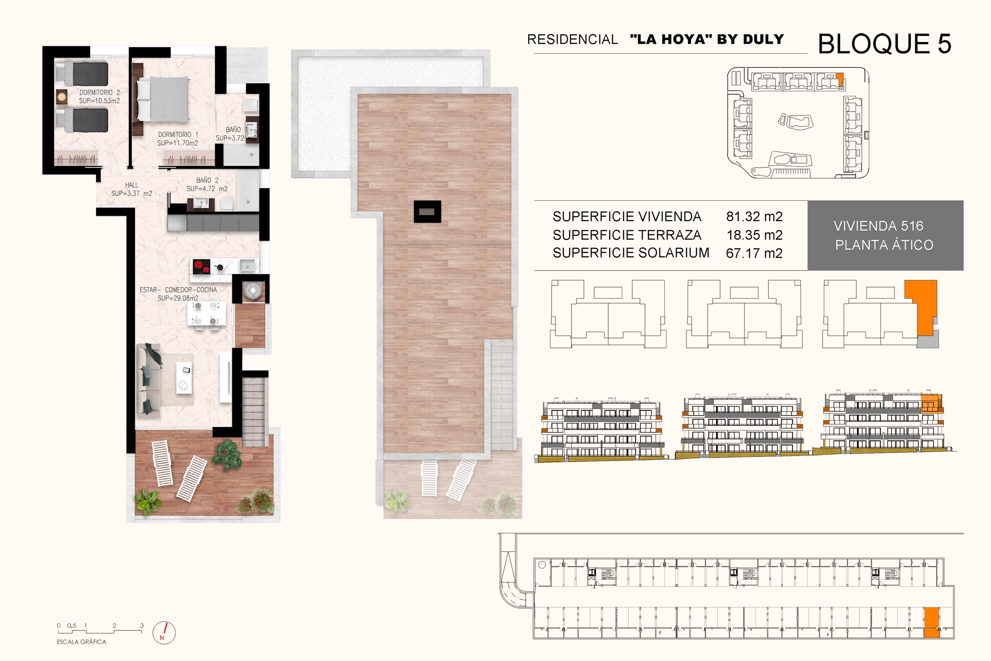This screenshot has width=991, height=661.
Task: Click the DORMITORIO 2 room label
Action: point(100,92)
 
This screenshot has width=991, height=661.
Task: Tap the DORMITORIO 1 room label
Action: point(178,135)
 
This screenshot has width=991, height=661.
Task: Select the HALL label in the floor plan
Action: point(131,185)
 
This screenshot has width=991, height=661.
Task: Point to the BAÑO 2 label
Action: point(207,181)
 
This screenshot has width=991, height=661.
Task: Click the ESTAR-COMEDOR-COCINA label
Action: point(178,290)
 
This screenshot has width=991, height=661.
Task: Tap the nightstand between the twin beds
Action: point(62,97)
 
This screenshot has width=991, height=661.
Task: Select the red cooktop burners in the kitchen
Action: point(202,267)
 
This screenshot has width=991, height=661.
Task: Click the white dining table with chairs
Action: point(206,314)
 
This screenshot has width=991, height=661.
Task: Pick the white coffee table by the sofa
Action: point(184,378)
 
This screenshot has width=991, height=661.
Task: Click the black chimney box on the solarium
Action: point(427,211)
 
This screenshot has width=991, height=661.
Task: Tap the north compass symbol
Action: point(164,633)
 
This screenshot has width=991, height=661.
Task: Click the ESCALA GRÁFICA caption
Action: point(81,642)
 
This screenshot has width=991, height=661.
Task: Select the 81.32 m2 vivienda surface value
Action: point(754,216)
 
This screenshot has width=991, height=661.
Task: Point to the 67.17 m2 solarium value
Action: point(754,253)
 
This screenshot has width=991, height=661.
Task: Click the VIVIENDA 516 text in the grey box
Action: point(879,226)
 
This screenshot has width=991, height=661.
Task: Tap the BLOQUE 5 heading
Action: point(884,44)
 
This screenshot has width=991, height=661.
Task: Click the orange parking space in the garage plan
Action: point(932,623)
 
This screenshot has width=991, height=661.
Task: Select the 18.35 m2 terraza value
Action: point(754,235)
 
